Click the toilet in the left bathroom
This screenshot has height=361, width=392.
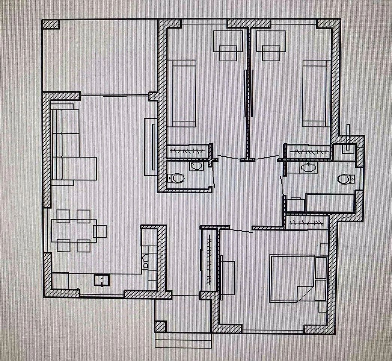pyautogui.click(x=175, y=178)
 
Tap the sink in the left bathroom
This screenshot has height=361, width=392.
pyautogui.click(x=196, y=165)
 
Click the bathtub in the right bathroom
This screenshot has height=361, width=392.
pyautogui.click(x=330, y=203)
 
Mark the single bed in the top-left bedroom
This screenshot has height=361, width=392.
pyautogui.click(x=182, y=93)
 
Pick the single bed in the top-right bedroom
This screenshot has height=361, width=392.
pyautogui.click(x=315, y=93)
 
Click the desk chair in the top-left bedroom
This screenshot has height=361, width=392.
pyautogui.click(x=228, y=53)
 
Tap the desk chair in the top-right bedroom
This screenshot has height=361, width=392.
pyautogui.click(x=271, y=53)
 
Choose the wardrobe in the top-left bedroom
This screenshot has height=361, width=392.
pyautogui.click(x=187, y=152)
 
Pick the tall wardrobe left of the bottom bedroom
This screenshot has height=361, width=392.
pyautogui.click(x=208, y=261)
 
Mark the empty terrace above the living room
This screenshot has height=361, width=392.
pyautogui.click(x=100, y=56)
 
